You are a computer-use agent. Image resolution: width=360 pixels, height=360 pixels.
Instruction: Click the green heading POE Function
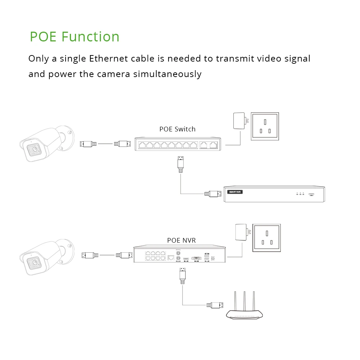[x=75, y=37]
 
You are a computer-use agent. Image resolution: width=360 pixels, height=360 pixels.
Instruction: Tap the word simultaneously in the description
[x=167, y=74]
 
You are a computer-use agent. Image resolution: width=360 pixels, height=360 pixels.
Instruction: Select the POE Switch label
[x=177, y=129]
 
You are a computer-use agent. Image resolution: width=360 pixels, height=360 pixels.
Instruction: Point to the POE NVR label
[x=181, y=240]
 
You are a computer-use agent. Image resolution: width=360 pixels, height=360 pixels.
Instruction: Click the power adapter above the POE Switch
[x=239, y=121]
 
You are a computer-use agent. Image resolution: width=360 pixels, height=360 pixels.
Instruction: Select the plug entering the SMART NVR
[x=213, y=194]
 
